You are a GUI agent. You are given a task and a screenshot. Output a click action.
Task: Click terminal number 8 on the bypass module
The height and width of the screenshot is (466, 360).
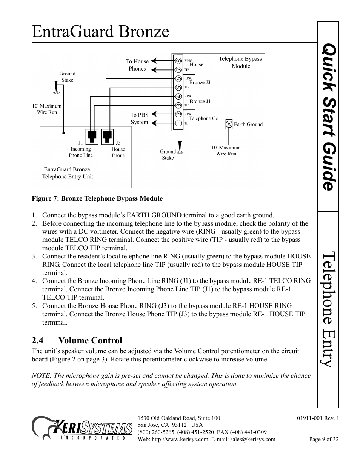178,61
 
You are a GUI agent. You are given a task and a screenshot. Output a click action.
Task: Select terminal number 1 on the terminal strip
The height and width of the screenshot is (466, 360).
178,123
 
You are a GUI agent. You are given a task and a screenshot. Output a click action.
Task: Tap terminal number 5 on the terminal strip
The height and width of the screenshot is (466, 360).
178,88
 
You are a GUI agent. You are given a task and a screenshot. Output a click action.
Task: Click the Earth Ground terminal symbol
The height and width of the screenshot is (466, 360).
229,124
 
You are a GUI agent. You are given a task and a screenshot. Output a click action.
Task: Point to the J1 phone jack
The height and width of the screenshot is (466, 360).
92,137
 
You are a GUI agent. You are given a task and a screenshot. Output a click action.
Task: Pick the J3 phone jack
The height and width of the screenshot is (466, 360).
107,137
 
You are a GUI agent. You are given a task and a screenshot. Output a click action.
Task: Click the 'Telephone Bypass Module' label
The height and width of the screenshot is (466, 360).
240,62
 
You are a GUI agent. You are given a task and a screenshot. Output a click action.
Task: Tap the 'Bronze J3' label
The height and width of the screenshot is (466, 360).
200,82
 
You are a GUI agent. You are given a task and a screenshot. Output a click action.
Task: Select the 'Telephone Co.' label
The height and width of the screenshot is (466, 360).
204,118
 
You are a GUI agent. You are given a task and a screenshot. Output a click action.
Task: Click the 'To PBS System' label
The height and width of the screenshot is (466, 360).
139,118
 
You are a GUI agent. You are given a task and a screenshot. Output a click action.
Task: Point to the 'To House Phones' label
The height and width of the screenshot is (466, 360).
137,65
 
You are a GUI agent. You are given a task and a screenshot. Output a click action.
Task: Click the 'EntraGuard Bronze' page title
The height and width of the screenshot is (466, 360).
100,32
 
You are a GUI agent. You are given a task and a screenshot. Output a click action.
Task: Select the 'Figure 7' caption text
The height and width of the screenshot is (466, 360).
97,198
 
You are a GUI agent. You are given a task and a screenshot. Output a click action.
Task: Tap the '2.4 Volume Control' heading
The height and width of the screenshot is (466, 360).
77,340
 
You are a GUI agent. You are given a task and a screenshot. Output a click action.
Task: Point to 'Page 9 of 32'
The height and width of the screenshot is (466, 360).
324,439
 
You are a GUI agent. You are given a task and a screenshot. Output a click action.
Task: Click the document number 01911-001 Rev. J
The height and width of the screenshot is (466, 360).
318,418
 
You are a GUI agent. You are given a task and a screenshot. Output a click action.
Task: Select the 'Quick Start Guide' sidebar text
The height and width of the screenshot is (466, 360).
329,117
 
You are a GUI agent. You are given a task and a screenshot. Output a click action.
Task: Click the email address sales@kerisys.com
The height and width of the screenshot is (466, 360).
253,439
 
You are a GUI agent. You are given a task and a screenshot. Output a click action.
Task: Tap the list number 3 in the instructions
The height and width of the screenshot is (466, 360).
34,256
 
